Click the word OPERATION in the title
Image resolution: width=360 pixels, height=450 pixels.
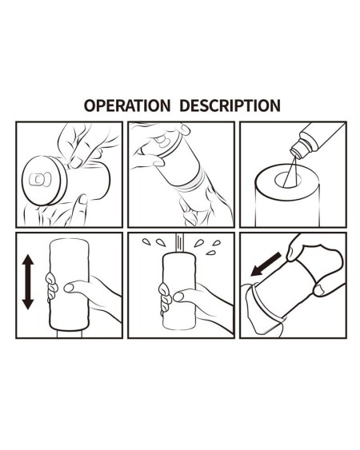(126, 106)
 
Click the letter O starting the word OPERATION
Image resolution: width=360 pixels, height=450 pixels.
(90, 106)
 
